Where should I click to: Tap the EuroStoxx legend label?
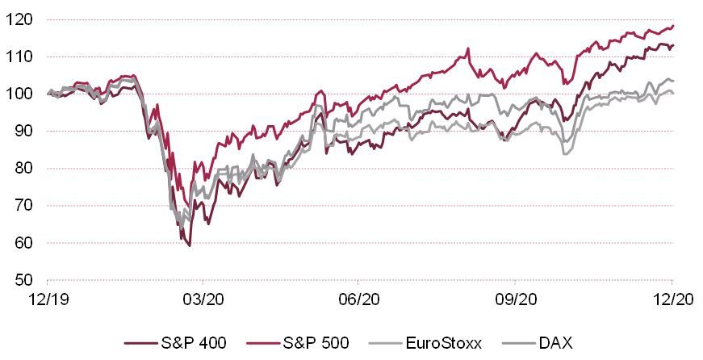tap(449, 343)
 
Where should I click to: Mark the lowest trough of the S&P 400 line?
tap(190, 245)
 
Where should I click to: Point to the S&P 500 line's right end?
tap(673, 25)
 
